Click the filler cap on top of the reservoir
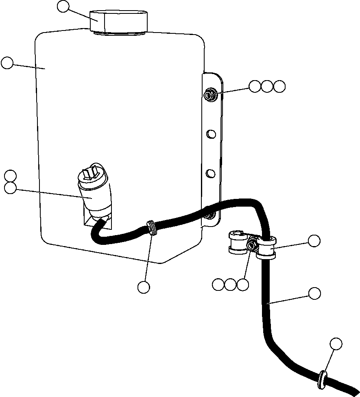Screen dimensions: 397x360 pyautogui.click(x=118, y=21)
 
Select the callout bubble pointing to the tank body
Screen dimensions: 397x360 pyautogui.click(x=7, y=63)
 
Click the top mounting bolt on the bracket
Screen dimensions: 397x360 pyautogui.click(x=209, y=96)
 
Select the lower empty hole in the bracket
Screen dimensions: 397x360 pyautogui.click(x=210, y=174)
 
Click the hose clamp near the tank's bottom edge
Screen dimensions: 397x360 pyautogui.click(x=152, y=228)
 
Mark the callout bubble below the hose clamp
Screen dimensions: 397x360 pyautogui.click(x=144, y=287)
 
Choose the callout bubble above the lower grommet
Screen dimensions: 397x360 pyautogui.click(x=336, y=344)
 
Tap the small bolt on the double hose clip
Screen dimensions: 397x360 pyautogui.click(x=251, y=246)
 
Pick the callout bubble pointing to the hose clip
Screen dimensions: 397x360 pyautogui.click(x=314, y=241)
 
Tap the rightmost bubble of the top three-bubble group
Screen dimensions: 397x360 pyautogui.click(x=279, y=86)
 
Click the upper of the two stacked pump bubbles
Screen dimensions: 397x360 pyautogui.click(x=10, y=176)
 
